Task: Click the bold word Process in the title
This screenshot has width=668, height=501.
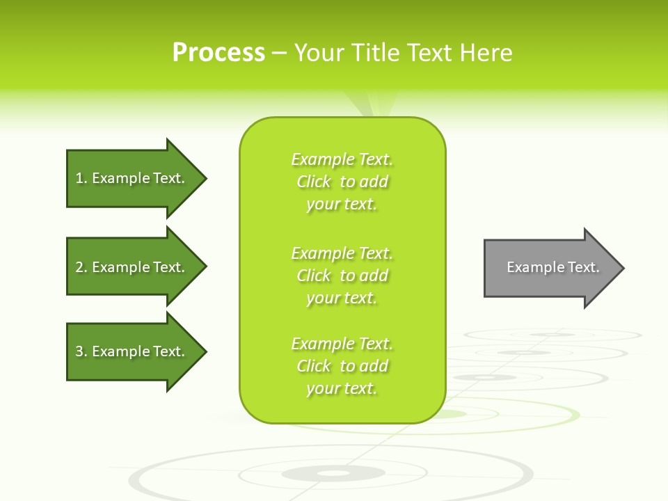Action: (218, 53)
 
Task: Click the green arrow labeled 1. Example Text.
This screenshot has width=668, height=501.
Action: (132, 178)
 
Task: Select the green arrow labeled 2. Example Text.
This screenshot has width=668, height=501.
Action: (132, 267)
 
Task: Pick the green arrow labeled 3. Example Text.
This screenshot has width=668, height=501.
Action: (132, 351)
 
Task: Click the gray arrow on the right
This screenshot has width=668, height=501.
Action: (550, 268)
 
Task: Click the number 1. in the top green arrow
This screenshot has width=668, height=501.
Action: (81, 178)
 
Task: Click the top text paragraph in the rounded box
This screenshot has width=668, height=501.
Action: (342, 182)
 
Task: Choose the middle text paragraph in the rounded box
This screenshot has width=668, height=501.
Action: (342, 276)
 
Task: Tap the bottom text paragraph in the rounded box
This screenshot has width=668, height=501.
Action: (342, 366)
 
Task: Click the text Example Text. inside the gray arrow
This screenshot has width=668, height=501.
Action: (552, 267)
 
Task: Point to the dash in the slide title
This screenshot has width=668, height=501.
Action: (279, 54)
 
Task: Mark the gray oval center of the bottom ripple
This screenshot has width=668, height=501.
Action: (333, 474)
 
